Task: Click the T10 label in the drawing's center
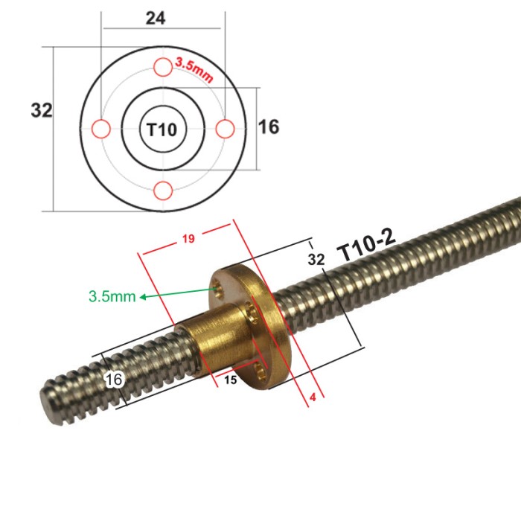point(162,130)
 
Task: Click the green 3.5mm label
point(112,296)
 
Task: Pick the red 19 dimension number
point(188,240)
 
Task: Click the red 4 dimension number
point(312,397)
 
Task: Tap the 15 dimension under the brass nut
point(230,380)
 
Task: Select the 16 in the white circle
point(114,380)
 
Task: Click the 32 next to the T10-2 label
point(316,258)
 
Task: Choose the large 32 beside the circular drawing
point(42,111)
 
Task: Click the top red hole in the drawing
point(163,67)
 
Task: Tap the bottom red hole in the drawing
point(163,191)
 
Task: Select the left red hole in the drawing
point(100,129)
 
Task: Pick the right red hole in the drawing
point(225,129)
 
